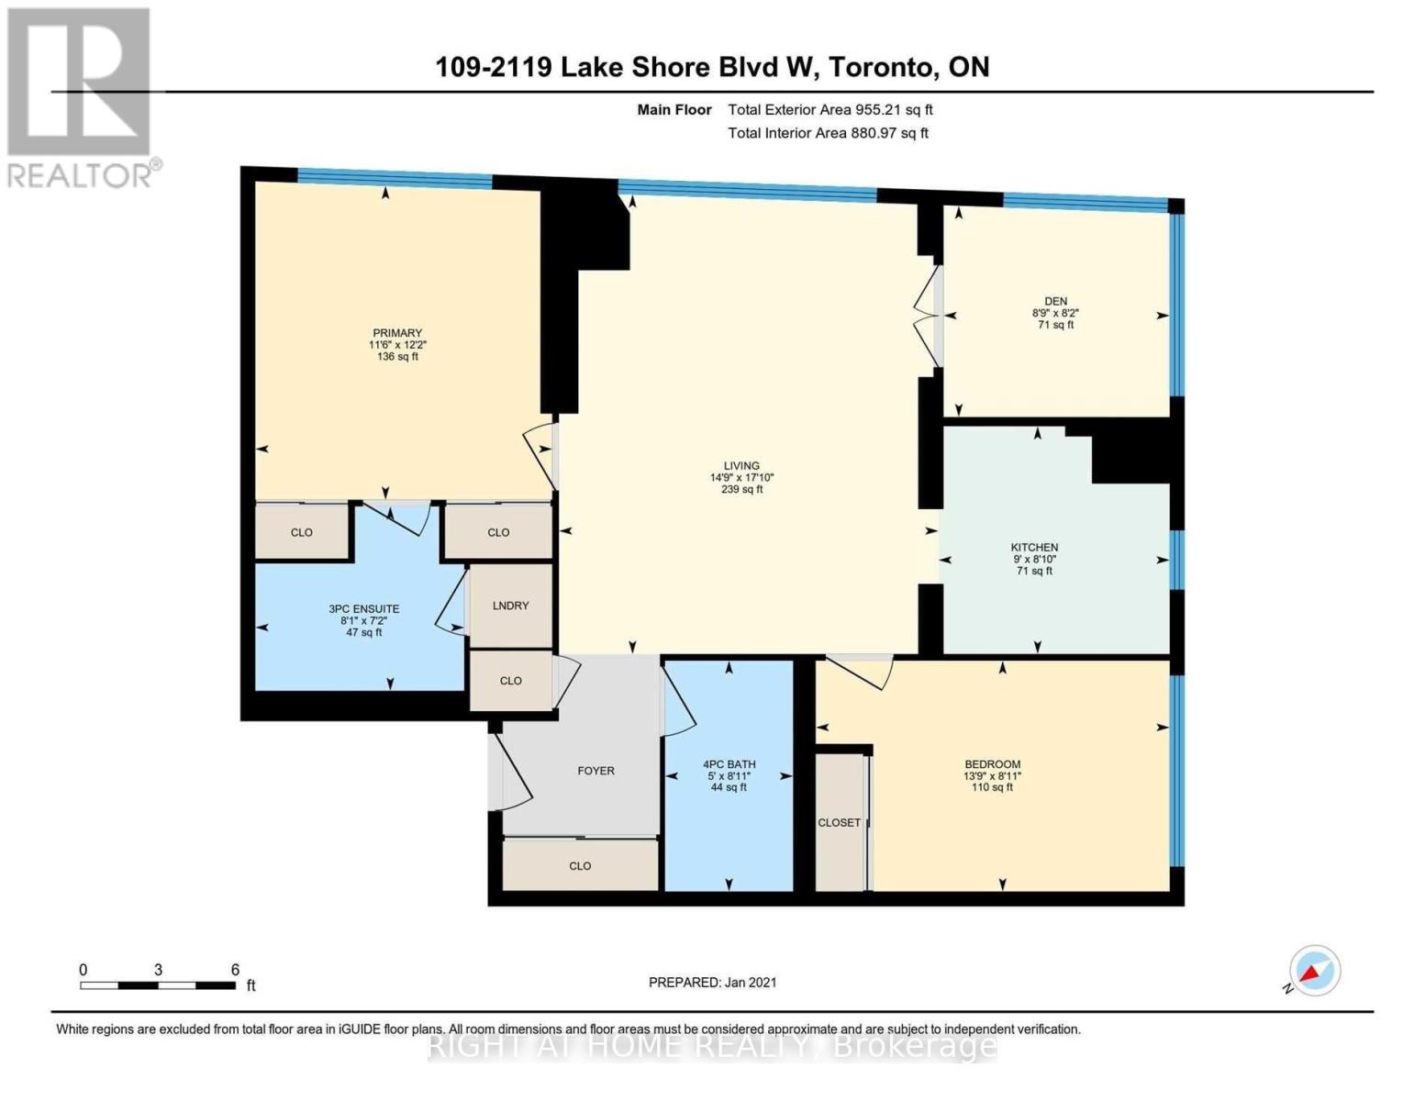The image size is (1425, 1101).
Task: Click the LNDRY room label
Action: coord(510,606)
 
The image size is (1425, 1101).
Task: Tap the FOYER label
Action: coord(596,771)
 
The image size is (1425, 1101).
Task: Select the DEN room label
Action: coord(1055,301)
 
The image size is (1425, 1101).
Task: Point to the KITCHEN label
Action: coord(1034,548)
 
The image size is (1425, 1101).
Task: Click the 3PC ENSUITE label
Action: coord(363,609)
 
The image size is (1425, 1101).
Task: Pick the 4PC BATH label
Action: coord(729,764)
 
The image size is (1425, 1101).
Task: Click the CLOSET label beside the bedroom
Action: coord(839,823)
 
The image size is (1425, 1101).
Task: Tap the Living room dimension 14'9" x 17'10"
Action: coord(741,478)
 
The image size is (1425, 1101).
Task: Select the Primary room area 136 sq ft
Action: coord(397,357)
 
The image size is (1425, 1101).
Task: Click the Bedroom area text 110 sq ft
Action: coord(992,787)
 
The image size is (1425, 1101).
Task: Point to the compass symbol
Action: coord(1314,971)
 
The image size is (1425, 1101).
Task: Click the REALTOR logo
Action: coord(80,96)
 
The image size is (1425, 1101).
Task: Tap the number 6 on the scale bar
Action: coord(235,970)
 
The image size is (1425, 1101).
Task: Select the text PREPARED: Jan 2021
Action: coord(712,983)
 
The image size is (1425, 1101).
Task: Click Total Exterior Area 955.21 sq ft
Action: coord(829,110)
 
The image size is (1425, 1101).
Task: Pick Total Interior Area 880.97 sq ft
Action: coord(828,133)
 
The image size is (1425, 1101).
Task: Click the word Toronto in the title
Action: coord(881,67)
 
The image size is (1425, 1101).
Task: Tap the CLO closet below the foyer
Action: coord(580,866)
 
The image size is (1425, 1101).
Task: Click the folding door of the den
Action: coord(929,315)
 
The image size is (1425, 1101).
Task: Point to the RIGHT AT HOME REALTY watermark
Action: coord(712,1046)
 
